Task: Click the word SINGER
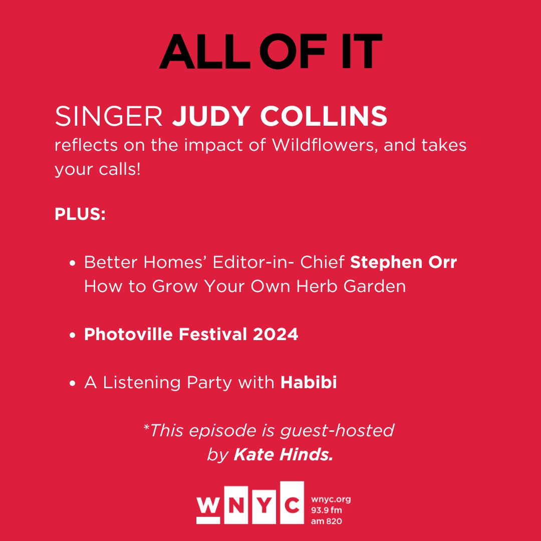[109, 117]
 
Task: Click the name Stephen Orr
[403, 262]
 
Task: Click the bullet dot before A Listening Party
[73, 384]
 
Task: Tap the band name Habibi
[309, 383]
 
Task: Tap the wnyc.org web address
[331, 499]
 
